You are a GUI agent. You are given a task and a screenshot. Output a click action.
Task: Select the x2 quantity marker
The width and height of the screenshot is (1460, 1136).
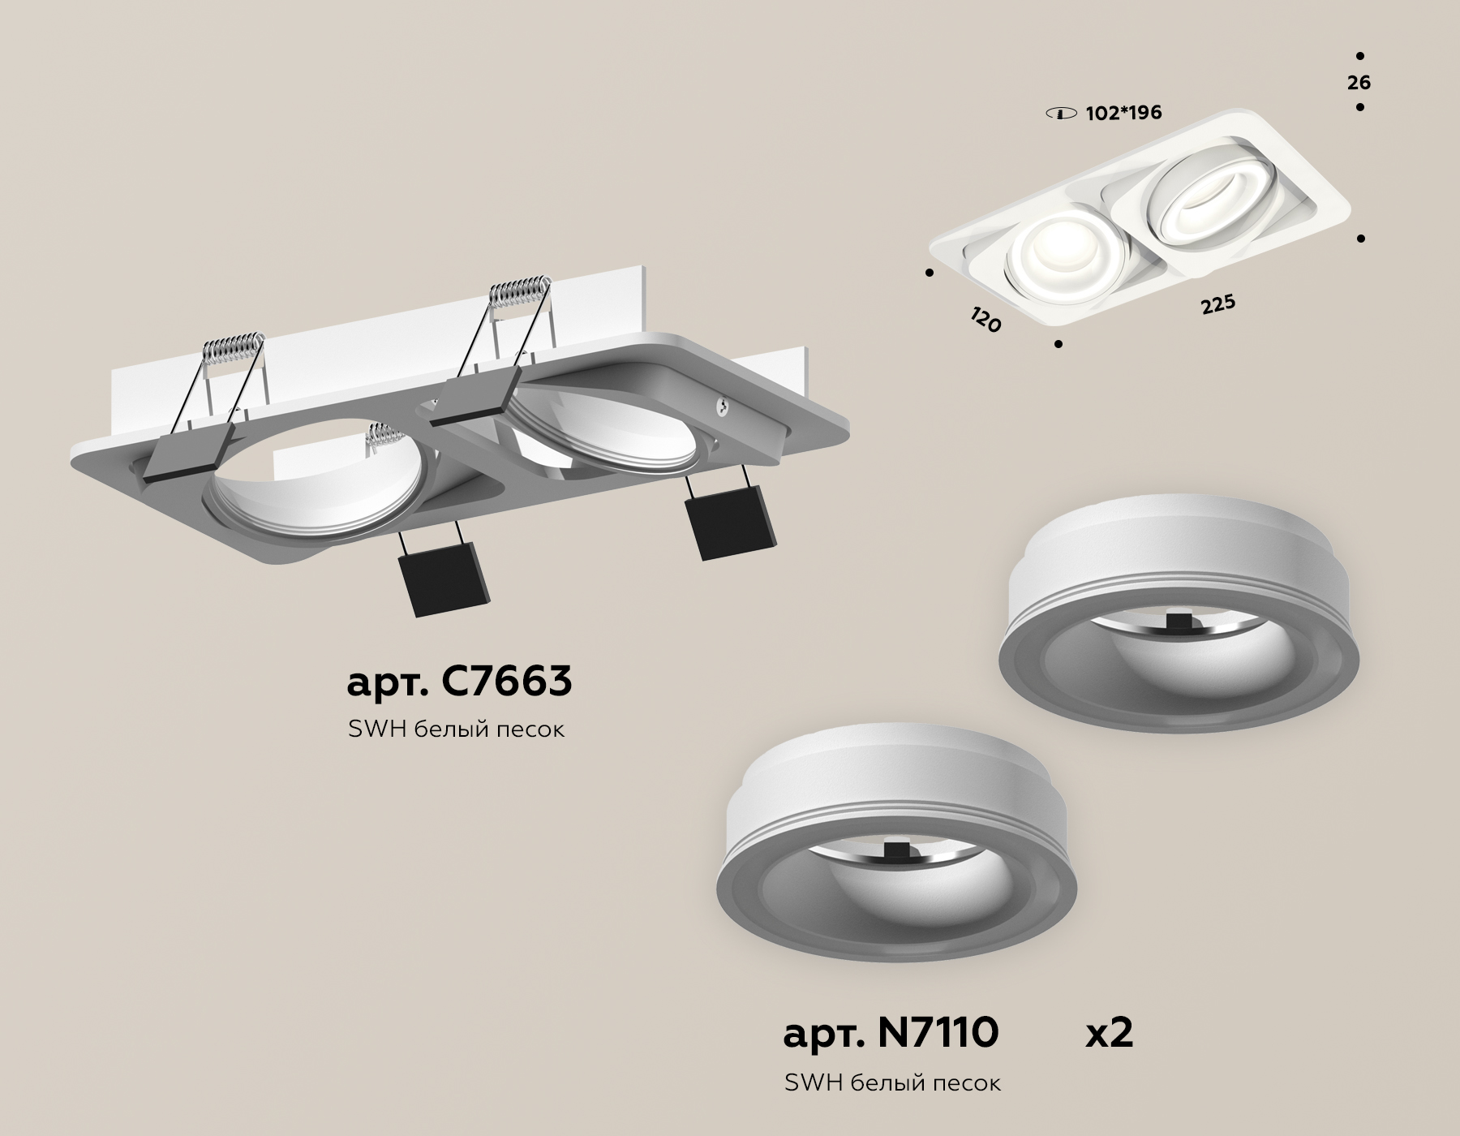[1109, 1034]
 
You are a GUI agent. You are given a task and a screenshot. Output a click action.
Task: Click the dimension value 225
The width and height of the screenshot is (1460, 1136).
[1217, 305]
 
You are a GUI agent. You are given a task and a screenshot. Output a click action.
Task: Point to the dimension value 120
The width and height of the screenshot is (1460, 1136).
[985, 321]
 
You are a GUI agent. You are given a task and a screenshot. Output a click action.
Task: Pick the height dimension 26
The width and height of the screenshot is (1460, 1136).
[1359, 82]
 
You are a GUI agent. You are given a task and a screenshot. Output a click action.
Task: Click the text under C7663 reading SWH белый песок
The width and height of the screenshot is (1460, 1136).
[456, 729]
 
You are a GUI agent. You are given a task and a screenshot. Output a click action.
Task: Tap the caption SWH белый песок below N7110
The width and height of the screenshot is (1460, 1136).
[892, 1082]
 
